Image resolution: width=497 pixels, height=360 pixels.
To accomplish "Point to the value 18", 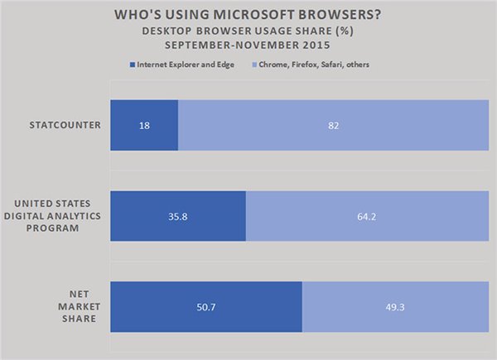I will (x=143, y=126).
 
